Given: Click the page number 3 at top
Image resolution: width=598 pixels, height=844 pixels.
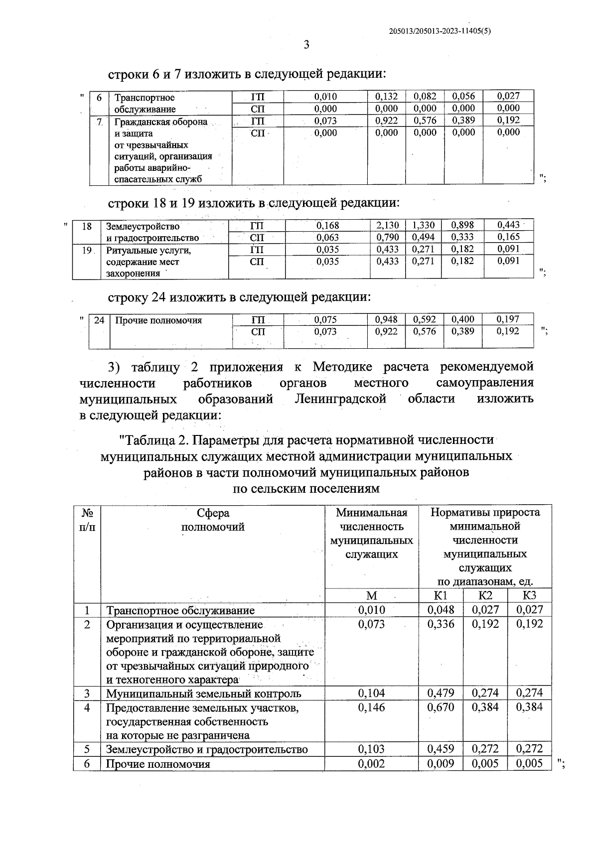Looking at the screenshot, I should pyautogui.click(x=306, y=45).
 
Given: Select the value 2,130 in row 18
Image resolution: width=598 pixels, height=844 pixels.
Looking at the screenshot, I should pyautogui.click(x=387, y=226).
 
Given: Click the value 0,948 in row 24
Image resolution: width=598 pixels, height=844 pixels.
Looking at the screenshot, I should pyautogui.click(x=386, y=319).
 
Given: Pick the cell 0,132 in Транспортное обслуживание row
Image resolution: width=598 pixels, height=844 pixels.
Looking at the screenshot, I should pyautogui.click(x=386, y=97).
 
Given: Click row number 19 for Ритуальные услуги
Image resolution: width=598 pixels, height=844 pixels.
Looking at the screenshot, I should pyautogui.click(x=87, y=250).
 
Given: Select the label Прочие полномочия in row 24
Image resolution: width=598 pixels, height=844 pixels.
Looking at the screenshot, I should pyautogui.click(x=158, y=320).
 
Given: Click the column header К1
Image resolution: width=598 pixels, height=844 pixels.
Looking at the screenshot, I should pyautogui.click(x=441, y=595).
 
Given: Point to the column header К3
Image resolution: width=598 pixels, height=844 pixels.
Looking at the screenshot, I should pyautogui.click(x=529, y=595).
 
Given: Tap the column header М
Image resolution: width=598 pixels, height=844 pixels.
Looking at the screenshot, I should pyautogui.click(x=371, y=596).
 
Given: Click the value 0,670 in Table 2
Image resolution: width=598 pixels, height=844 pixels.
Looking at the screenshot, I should pyautogui.click(x=441, y=707).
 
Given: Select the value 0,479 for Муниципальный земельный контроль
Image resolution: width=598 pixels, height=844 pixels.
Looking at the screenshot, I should pyautogui.click(x=441, y=693).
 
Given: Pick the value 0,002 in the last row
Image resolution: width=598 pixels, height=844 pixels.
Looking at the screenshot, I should pyautogui.click(x=371, y=763).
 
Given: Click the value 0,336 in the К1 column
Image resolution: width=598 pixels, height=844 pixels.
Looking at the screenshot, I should pyautogui.click(x=441, y=624).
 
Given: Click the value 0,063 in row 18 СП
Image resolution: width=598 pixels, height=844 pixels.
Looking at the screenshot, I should pyautogui.click(x=327, y=237).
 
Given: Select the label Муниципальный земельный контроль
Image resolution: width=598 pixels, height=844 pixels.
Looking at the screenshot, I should pyautogui.click(x=203, y=694).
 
